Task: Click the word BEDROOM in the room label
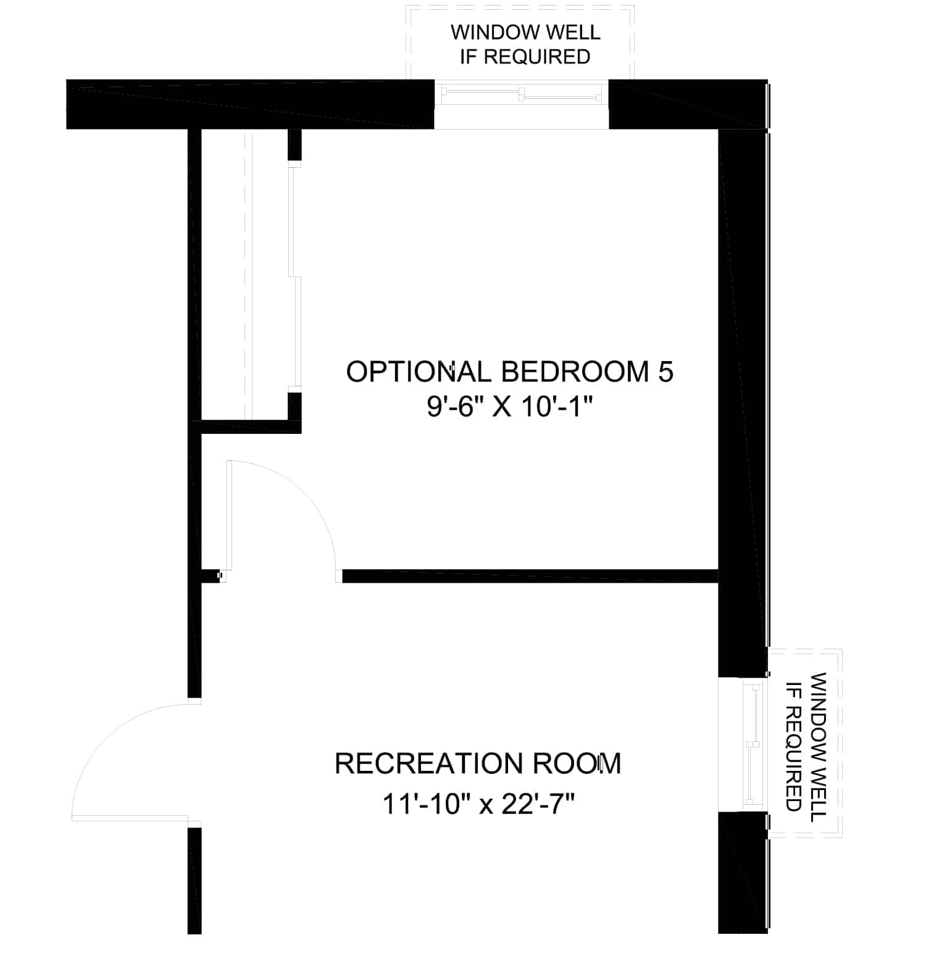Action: point(575,372)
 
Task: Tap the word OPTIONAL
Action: point(419,372)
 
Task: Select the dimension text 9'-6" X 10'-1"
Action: point(509,407)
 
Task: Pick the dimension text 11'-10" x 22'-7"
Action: point(478,805)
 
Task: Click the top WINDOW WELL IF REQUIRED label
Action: point(525,44)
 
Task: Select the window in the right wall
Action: point(743,746)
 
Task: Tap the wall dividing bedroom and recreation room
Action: point(530,576)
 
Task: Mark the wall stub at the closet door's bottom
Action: point(294,405)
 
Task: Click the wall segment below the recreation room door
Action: point(194,880)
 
